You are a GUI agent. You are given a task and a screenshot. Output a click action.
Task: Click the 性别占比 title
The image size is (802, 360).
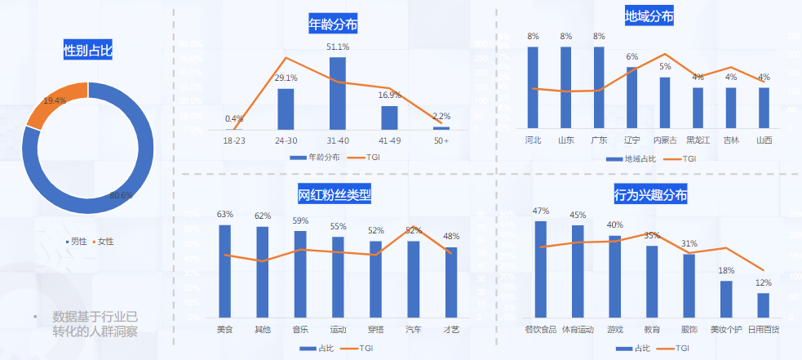[x=88, y=51]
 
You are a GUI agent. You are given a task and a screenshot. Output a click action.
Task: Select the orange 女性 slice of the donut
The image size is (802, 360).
[x=55, y=103]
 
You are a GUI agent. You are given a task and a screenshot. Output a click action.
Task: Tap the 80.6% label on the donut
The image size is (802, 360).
[x=121, y=195]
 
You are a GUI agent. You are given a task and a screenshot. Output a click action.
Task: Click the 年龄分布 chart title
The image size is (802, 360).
[x=333, y=24]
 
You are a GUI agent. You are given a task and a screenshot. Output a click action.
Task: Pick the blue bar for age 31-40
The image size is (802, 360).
[x=337, y=93]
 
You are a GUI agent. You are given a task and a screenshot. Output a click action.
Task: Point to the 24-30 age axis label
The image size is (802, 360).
[x=286, y=140]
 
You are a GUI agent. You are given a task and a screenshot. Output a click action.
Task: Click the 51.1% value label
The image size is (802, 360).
[x=338, y=47]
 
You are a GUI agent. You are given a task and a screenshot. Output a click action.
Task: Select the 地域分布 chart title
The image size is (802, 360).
[x=649, y=16]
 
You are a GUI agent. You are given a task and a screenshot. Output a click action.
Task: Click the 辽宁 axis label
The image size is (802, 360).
[x=631, y=140]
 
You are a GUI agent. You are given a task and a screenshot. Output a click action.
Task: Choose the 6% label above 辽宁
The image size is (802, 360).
[x=631, y=57]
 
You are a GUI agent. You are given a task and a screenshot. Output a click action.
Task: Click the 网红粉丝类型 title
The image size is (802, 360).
[x=334, y=195]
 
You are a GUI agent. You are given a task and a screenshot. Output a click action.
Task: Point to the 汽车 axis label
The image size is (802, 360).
[x=414, y=330]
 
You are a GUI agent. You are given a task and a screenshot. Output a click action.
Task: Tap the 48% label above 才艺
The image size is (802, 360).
[x=451, y=237]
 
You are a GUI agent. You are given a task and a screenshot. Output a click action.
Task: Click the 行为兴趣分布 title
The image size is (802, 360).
[x=650, y=196]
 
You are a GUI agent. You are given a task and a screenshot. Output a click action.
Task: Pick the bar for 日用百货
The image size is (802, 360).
[x=763, y=304]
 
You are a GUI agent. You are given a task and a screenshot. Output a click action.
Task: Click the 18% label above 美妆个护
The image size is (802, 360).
[x=726, y=270]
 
